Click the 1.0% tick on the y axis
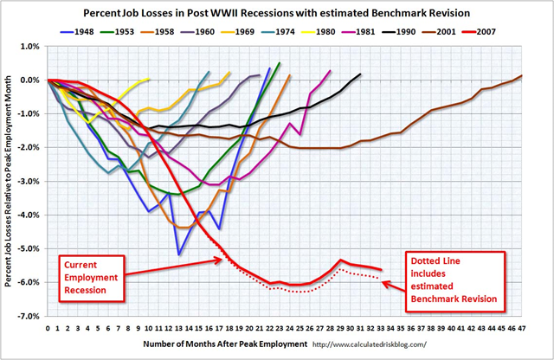click(x=31, y=46)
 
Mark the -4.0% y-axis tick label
click(x=29, y=215)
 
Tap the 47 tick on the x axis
click(x=522, y=328)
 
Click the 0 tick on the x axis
click(x=48, y=328)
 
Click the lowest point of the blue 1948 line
click(x=179, y=254)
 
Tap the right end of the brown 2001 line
click(x=522, y=76)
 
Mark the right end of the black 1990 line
click(x=360, y=74)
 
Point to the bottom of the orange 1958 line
click(x=185, y=228)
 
